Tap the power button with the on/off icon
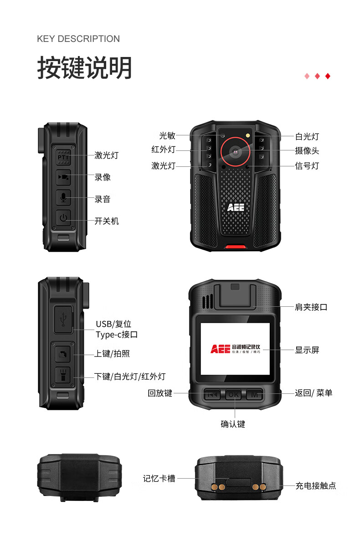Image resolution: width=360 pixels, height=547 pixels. coord(63,218)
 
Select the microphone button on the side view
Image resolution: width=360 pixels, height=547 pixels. coord(63,197)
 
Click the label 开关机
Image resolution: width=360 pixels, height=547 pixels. coord(107,221)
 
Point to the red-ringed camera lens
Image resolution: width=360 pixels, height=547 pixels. coord(236,151)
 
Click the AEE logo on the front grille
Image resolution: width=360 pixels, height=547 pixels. coord(236,207)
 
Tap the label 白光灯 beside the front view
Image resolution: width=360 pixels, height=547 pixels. coord(307,136)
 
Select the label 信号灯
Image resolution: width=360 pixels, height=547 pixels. coord(307,165)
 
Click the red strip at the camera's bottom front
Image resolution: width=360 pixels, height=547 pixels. coord(235,248)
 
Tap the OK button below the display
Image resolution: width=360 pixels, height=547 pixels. coord(234,394)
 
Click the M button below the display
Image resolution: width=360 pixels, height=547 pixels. coord(254,394)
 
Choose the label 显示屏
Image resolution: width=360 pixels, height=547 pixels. coord(307,350)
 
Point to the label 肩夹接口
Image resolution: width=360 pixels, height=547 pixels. coord(311,307)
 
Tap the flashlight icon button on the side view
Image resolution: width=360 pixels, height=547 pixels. coord(63,375)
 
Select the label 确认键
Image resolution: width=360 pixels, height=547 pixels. coord(233,424)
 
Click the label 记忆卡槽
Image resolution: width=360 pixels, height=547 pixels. coord(159,479)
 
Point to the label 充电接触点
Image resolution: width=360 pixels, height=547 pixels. coord(315,486)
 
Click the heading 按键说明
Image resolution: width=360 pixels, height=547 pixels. coord(84,68)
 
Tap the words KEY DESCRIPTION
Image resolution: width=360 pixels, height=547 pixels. coord(78,39)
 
